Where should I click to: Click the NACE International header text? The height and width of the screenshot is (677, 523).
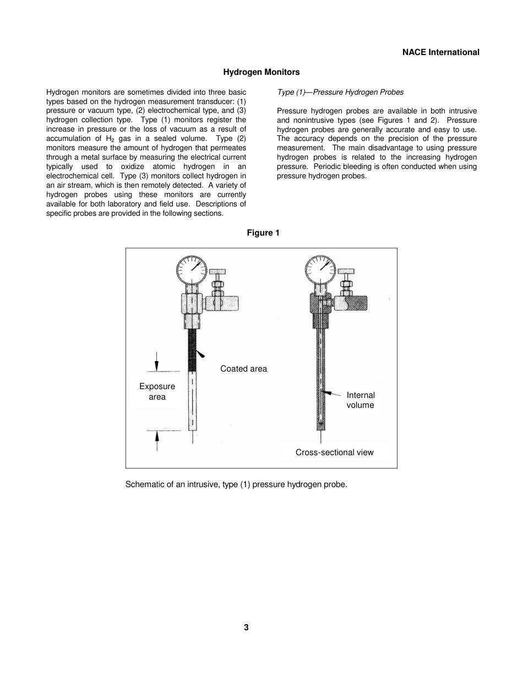440,52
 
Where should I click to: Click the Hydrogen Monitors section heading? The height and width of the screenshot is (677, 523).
261,72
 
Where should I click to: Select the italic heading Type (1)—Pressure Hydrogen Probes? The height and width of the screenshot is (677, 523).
340,92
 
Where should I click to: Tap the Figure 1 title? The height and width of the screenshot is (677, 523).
263,233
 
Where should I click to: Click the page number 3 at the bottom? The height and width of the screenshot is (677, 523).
246,627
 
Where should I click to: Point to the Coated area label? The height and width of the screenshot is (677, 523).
243,369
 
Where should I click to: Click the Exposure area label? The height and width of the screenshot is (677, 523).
157,391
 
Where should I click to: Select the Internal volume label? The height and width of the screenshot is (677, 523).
360,400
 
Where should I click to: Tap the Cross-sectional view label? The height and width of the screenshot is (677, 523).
334,452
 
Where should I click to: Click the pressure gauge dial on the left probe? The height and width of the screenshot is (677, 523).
191,269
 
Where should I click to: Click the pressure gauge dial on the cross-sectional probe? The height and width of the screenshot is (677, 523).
320,269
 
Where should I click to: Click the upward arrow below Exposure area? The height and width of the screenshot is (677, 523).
157,439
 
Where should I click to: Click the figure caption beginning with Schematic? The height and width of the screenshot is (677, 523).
236,484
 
